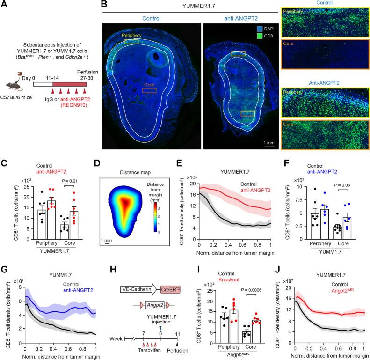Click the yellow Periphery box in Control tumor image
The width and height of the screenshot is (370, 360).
pos(131,41)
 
